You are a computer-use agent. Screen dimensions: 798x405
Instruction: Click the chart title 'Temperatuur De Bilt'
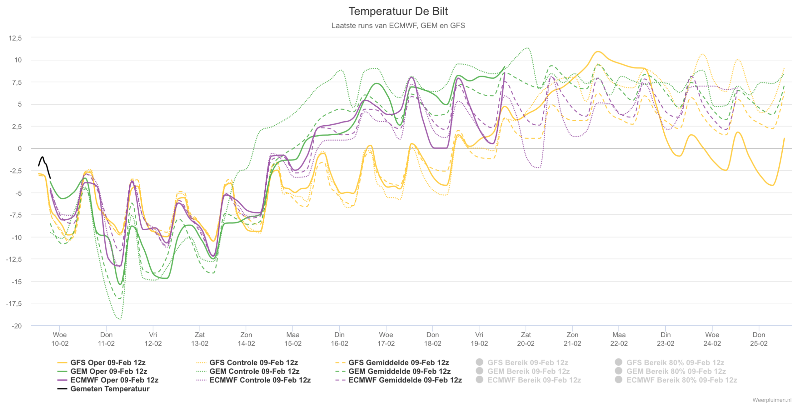coord(398,11)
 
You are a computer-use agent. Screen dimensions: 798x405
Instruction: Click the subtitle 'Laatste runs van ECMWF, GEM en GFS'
coord(398,26)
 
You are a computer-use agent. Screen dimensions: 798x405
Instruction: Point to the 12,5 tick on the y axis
coord(15,38)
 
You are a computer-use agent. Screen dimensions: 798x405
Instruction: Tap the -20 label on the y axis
coord(17,326)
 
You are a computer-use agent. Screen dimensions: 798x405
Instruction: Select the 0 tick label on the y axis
coord(20,149)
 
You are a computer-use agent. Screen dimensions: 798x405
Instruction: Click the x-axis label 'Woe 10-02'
coord(60,339)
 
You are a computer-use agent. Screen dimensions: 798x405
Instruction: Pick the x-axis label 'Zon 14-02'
coord(246,339)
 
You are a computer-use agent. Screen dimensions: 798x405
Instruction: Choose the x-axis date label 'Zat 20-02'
coord(526,339)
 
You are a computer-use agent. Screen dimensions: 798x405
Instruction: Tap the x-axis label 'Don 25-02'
coord(759,339)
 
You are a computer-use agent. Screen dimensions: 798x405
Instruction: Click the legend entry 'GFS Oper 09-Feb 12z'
coord(101,362)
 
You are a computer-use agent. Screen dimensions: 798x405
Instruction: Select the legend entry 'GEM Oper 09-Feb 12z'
coord(102,371)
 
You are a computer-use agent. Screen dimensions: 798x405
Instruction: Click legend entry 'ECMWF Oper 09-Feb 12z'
coord(108,380)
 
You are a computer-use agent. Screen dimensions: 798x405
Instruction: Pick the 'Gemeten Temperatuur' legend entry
coord(103,389)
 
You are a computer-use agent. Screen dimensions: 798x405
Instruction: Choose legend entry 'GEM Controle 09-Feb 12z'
coord(248,371)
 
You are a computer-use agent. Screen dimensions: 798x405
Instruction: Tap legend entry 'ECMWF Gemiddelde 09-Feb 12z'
coord(399,380)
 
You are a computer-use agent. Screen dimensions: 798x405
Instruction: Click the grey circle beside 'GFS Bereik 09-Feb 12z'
coord(479,362)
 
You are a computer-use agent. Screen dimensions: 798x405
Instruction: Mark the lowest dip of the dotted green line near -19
coord(120,319)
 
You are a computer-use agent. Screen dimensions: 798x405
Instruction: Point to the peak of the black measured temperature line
coord(43,157)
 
